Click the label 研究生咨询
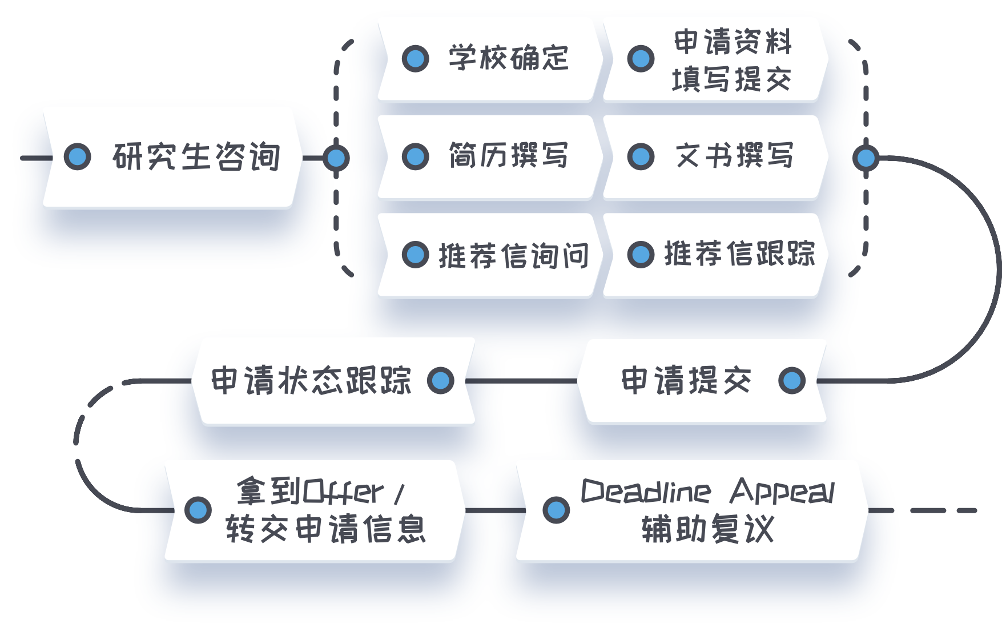click(196, 157)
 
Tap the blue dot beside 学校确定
click(415, 58)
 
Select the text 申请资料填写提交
click(732, 61)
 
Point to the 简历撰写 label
click(508, 156)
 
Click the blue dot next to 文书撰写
click(641, 156)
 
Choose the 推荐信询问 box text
click(513, 255)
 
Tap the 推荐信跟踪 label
click(739, 254)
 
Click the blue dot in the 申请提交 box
click(791, 380)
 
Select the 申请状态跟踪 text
click(311, 380)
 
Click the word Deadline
click(646, 491)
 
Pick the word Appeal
click(782, 491)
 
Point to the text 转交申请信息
click(325, 529)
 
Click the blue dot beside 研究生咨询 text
click(77, 157)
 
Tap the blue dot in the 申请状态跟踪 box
click(440, 380)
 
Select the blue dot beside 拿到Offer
click(198, 510)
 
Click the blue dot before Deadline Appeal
click(556, 510)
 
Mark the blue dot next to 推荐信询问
click(415, 255)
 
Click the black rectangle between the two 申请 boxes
click(526, 405)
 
